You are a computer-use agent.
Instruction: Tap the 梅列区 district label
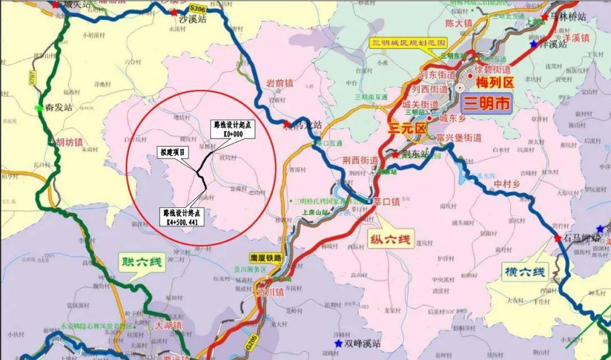tap(494, 83)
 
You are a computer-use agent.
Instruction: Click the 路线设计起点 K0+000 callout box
tap(232, 129)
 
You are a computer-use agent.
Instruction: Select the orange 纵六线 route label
tap(392, 237)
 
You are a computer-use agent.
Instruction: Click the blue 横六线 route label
tap(526, 273)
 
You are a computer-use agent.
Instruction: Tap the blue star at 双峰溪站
tap(338, 343)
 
